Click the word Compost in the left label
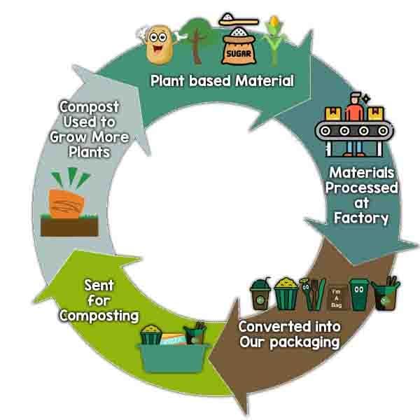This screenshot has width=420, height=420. (89, 107)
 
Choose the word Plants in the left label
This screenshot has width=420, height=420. (89, 151)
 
